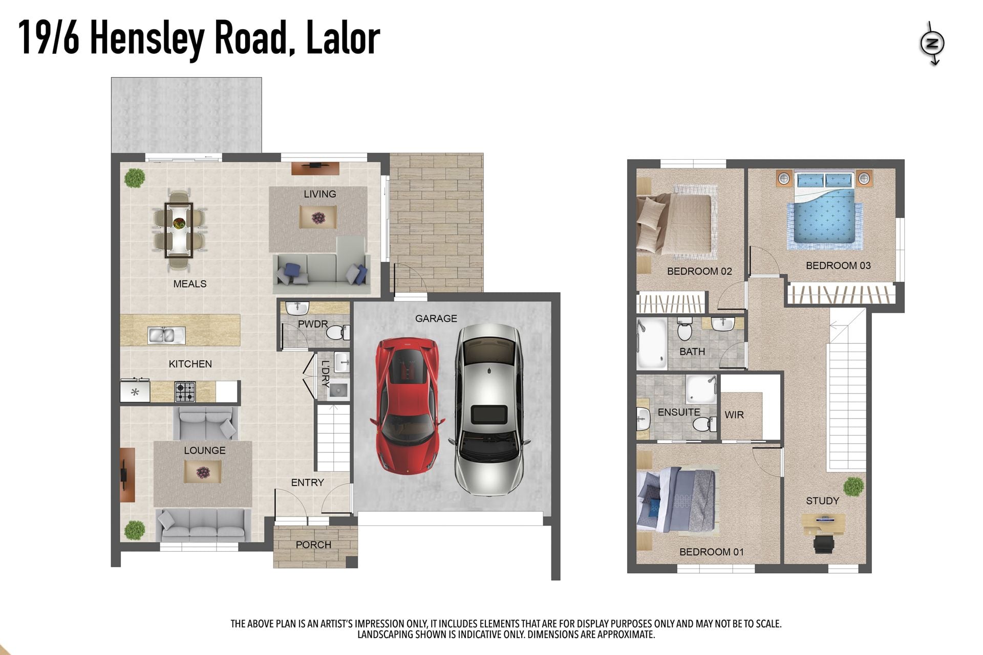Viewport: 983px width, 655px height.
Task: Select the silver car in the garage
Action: point(489,409)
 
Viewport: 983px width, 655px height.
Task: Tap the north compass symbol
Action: point(932,43)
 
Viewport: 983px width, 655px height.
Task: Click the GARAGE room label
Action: point(436,318)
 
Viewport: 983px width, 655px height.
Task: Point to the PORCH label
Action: point(313,545)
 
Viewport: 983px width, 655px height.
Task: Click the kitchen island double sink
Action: point(166,335)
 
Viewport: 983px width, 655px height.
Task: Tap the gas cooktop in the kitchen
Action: point(185,392)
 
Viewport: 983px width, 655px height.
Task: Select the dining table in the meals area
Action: point(179,230)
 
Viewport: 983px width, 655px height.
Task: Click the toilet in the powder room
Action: point(338,333)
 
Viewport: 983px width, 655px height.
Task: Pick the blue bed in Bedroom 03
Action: point(824,210)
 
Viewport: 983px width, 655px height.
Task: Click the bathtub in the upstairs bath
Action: point(652,343)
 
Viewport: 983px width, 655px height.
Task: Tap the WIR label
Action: point(734,415)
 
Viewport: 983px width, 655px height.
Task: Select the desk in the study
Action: point(823,524)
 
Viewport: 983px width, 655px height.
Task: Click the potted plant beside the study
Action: point(853,487)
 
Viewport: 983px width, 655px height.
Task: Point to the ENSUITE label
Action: point(679,412)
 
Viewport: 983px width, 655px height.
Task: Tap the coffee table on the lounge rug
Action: point(203,472)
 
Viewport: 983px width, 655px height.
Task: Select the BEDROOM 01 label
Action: point(712,552)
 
